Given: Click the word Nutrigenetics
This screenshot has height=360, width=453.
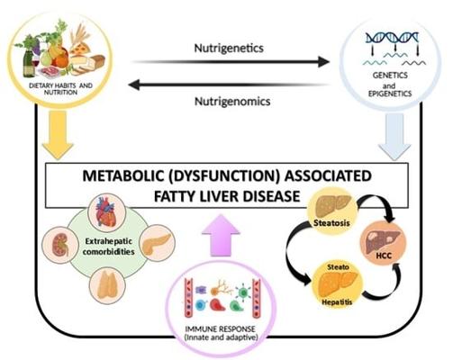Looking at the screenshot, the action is [x=229, y=49].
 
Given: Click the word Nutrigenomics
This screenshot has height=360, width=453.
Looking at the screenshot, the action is [x=232, y=101].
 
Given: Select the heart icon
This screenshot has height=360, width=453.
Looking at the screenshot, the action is [x=105, y=211].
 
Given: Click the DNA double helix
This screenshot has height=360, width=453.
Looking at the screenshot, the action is [x=392, y=38].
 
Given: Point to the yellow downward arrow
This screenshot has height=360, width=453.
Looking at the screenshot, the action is [x=58, y=133].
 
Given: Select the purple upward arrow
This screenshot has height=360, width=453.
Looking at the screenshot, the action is [x=221, y=235].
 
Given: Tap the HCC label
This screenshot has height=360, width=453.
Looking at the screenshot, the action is [x=384, y=256].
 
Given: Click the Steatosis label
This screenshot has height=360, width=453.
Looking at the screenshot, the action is [x=331, y=223].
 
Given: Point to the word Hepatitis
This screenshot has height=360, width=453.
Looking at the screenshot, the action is [x=337, y=301].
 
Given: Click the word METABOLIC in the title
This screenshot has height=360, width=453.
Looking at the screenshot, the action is [x=122, y=175].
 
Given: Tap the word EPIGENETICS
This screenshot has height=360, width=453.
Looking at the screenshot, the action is [x=390, y=94].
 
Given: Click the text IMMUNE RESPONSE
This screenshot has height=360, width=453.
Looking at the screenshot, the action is [x=221, y=328].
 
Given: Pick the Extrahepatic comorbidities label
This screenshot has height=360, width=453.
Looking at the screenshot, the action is [x=109, y=247].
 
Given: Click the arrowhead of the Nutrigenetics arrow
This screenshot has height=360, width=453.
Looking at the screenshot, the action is [x=323, y=61].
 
